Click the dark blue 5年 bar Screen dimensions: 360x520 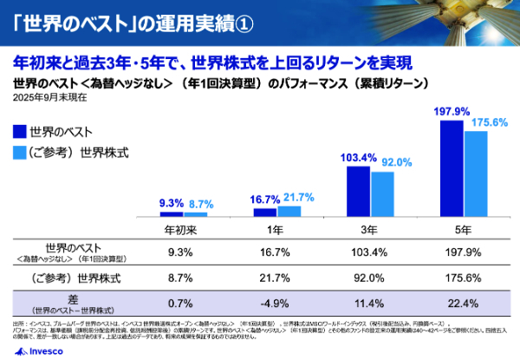(452, 168)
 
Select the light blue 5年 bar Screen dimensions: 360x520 (476, 173)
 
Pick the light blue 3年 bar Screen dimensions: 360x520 (382, 193)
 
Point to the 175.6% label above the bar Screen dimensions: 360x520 (488, 122)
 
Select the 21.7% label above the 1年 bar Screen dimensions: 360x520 (298, 197)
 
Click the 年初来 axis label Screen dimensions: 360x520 (183, 230)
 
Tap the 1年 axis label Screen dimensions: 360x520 (276, 230)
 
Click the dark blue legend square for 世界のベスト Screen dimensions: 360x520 (20, 132)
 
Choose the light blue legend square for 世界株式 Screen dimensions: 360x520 (20, 153)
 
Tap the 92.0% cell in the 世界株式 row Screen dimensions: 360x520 (370, 278)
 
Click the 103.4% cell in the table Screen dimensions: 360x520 (370, 253)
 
